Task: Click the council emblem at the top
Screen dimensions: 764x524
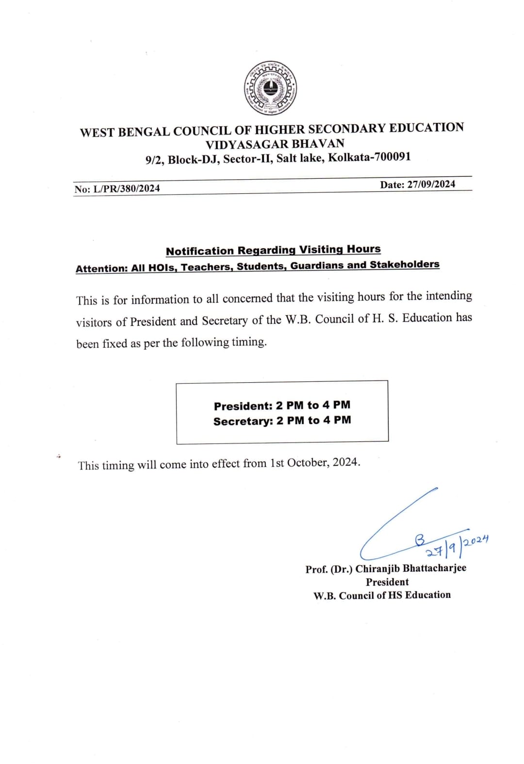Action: (270, 88)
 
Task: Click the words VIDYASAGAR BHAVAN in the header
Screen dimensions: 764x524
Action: (275, 144)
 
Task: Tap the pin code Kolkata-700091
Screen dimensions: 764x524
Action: (369, 157)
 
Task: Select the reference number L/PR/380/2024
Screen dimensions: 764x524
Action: (126, 188)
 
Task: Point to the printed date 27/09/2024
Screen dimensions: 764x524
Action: (431, 184)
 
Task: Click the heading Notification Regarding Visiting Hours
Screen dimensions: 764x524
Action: (273, 250)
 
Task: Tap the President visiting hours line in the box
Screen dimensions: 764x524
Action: (282, 405)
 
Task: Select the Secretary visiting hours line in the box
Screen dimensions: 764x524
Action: (282, 421)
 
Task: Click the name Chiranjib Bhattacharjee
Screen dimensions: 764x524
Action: (410, 568)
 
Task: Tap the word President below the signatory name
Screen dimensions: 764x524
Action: (387, 582)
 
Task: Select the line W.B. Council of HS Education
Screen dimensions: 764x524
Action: (382, 595)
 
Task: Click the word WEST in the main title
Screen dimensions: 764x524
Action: (97, 133)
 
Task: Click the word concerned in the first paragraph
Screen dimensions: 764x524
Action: (247, 298)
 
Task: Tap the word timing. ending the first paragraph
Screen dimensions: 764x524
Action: (249, 342)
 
